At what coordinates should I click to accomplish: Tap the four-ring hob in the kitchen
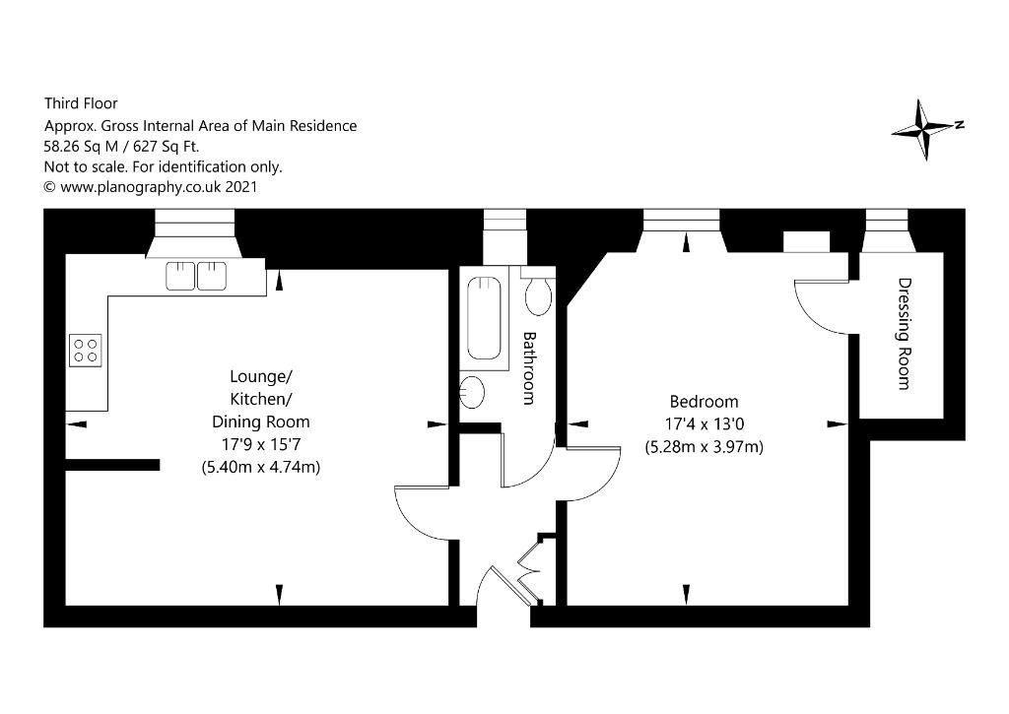pyautogui.click(x=86, y=351)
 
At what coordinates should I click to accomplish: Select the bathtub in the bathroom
pyautogui.click(x=484, y=318)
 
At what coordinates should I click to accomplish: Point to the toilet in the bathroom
pyautogui.click(x=538, y=292)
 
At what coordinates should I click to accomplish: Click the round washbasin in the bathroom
pyautogui.click(x=472, y=392)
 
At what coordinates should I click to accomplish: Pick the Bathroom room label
pyautogui.click(x=529, y=368)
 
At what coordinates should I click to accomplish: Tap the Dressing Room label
pyautogui.click(x=905, y=333)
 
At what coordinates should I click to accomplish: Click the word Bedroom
pyautogui.click(x=704, y=402)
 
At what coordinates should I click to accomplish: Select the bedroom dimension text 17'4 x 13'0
pyautogui.click(x=704, y=423)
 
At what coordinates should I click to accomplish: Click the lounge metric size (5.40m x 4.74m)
pyautogui.click(x=260, y=467)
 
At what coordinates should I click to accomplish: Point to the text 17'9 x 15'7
pyautogui.click(x=260, y=444)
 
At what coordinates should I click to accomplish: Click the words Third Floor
pyautogui.click(x=81, y=103)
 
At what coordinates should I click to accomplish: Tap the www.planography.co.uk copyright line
pyautogui.click(x=151, y=187)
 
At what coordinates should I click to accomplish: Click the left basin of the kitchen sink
pyautogui.click(x=180, y=276)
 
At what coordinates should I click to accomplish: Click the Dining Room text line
pyautogui.click(x=260, y=422)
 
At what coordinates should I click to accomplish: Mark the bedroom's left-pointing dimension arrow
pyautogui.click(x=578, y=423)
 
